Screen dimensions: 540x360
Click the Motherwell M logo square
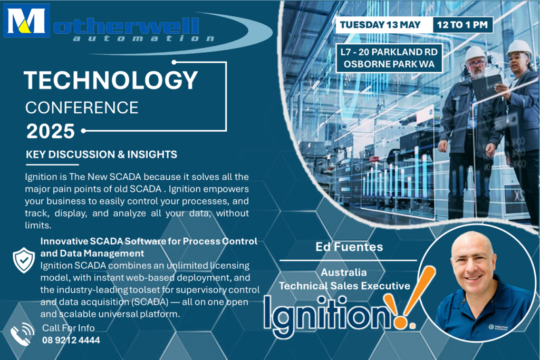coord(26,21)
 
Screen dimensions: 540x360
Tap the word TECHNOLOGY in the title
coord(111,80)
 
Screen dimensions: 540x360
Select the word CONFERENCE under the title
coord(82,108)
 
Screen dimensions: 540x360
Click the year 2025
coord(51,131)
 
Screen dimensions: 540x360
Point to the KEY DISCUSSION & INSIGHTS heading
coord(102,154)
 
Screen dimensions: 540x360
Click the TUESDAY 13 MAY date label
coord(380,25)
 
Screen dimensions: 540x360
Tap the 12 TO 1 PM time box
coord(462,25)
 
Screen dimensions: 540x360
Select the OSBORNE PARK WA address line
coord(389,64)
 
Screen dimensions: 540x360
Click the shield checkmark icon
coord(24,260)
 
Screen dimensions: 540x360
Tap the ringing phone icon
coord(22,334)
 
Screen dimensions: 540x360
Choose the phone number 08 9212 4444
coord(71,340)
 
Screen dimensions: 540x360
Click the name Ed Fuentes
coord(349,247)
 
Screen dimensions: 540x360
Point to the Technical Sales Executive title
coord(345,286)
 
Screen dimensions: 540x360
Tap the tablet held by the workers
coord(486,87)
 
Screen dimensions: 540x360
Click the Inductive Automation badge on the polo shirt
coord(498,327)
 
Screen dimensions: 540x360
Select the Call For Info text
coord(68,328)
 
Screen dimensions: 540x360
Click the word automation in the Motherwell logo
coord(143,38)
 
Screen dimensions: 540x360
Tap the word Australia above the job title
coord(344,272)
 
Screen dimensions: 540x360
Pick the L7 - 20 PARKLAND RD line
coord(389,52)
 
